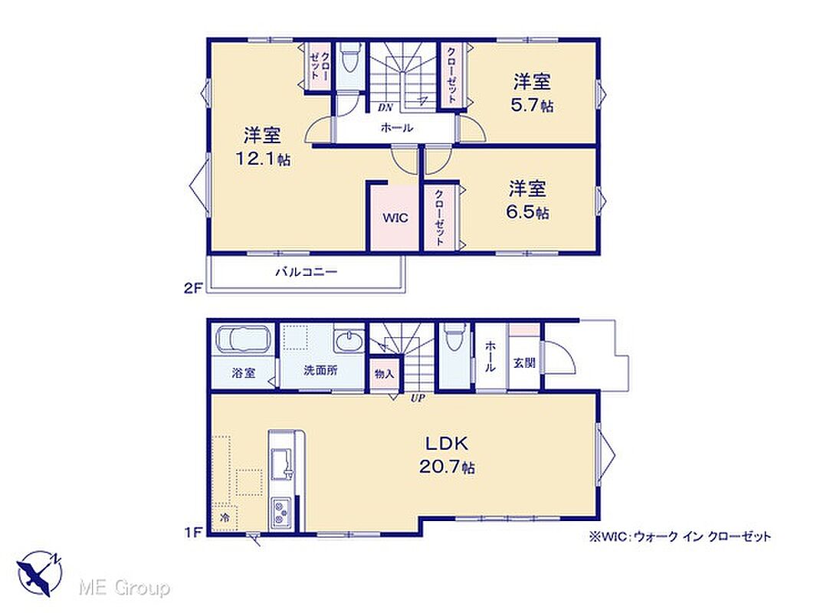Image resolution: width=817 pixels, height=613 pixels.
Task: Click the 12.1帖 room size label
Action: [x=263, y=159]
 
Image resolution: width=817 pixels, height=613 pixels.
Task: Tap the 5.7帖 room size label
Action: [x=531, y=105]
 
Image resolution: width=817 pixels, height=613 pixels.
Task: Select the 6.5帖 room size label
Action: [x=528, y=212]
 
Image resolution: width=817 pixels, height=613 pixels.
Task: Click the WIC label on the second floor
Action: [x=395, y=218]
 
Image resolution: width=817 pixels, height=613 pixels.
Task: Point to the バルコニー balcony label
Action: [x=307, y=271]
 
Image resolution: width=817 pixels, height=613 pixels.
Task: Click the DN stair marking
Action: [x=385, y=108]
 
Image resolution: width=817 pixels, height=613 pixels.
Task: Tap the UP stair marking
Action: [x=418, y=398]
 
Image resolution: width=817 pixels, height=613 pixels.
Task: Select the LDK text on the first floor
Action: [x=447, y=444]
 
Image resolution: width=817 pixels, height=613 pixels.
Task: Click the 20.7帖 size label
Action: [x=447, y=467]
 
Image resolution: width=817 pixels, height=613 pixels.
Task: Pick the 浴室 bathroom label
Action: [x=243, y=373]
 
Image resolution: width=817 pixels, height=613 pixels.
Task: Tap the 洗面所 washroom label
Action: [x=320, y=370]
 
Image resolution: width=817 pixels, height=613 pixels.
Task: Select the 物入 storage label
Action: [x=384, y=373]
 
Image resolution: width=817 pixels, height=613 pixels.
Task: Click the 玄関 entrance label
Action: [x=524, y=363]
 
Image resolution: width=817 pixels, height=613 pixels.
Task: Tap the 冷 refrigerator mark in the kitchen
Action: [x=225, y=518]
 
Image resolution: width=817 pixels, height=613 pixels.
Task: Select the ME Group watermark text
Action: [x=124, y=588]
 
